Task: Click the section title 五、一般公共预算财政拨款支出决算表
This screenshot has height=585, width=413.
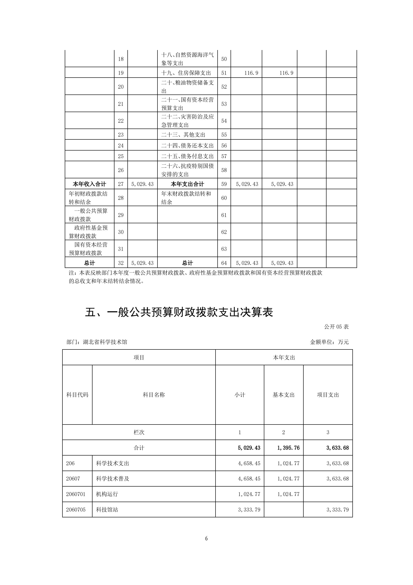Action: tap(179, 312)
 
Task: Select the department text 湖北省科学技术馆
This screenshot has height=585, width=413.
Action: tap(105, 342)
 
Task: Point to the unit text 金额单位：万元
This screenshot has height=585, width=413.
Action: tap(329, 342)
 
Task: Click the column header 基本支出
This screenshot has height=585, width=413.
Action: tap(284, 395)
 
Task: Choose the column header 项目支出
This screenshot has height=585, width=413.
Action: tap(328, 395)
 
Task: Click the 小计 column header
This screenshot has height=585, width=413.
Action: tap(240, 395)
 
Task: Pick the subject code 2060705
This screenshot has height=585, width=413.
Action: tap(76, 510)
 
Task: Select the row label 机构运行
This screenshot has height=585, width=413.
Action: tap(107, 494)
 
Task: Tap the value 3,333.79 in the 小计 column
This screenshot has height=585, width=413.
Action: tap(249, 510)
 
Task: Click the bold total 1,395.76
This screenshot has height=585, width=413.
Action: tap(288, 448)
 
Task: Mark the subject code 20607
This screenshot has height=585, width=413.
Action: tap(73, 478)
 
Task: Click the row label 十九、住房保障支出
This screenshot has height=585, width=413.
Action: tap(186, 73)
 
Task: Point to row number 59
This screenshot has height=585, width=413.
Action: tap(224, 184)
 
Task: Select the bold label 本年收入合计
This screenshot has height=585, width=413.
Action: tap(89, 184)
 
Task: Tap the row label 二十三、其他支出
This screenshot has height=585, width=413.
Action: tap(183, 135)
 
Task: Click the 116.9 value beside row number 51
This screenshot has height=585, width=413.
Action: tap(251, 73)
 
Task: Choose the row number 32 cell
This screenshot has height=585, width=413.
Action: tap(121, 263)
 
